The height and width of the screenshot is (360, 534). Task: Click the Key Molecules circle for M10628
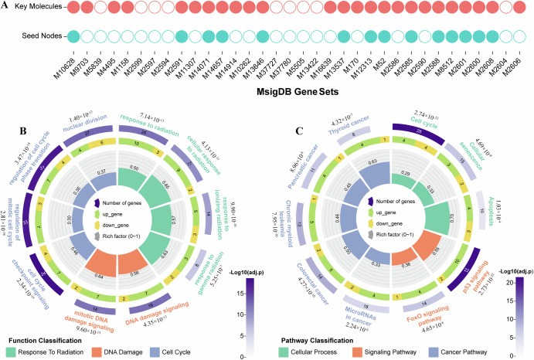coord(73,8)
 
